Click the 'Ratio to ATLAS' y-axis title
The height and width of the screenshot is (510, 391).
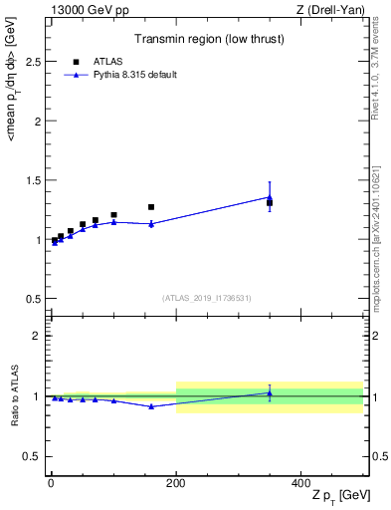(13, 395)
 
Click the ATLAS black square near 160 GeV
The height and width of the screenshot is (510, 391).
(151, 207)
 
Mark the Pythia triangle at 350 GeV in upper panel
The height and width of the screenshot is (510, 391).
(270, 197)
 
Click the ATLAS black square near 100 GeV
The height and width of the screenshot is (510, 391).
(113, 215)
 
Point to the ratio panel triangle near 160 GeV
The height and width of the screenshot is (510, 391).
(151, 406)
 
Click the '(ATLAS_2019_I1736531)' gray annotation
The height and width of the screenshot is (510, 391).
(207, 298)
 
